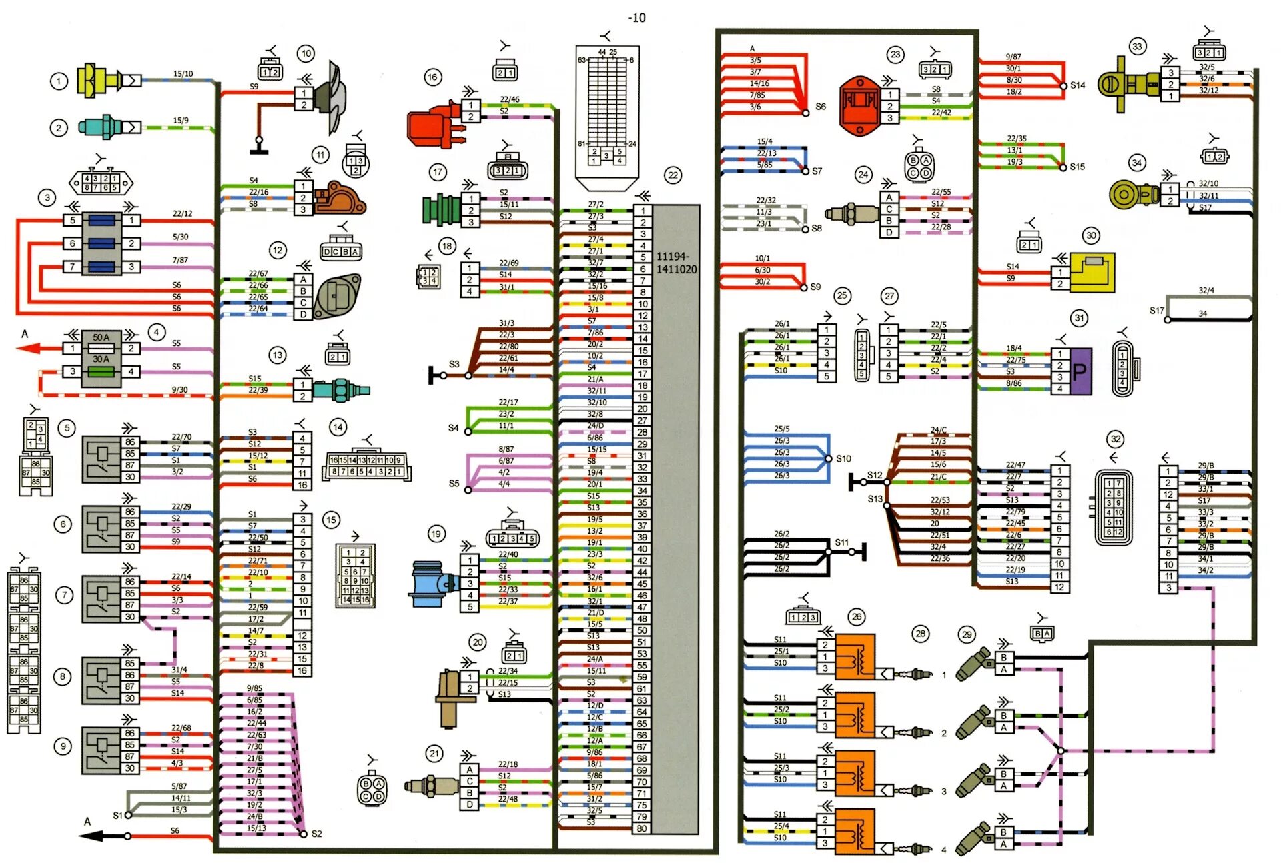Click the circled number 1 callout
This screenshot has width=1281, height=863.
click(x=59, y=81)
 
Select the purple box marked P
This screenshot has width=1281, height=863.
click(x=1080, y=371)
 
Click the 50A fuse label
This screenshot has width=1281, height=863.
click(x=101, y=337)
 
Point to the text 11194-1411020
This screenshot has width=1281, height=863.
click(x=676, y=263)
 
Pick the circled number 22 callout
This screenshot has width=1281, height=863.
click(x=673, y=175)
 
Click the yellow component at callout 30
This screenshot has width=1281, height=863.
click(x=1092, y=272)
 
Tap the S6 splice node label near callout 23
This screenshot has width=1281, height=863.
click(x=820, y=107)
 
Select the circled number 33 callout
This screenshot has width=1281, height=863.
click(x=1137, y=47)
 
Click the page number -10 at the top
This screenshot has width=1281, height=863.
click(x=636, y=18)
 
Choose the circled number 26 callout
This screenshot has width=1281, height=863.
click(x=857, y=617)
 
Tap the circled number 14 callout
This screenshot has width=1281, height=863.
click(x=338, y=427)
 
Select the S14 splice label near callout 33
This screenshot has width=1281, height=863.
click(x=1078, y=85)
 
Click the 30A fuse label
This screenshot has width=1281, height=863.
click(x=101, y=359)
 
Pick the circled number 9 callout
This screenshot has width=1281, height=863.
click(x=63, y=746)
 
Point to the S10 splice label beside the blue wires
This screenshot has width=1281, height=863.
click(x=843, y=458)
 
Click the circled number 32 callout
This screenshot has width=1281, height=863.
click(x=1115, y=438)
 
